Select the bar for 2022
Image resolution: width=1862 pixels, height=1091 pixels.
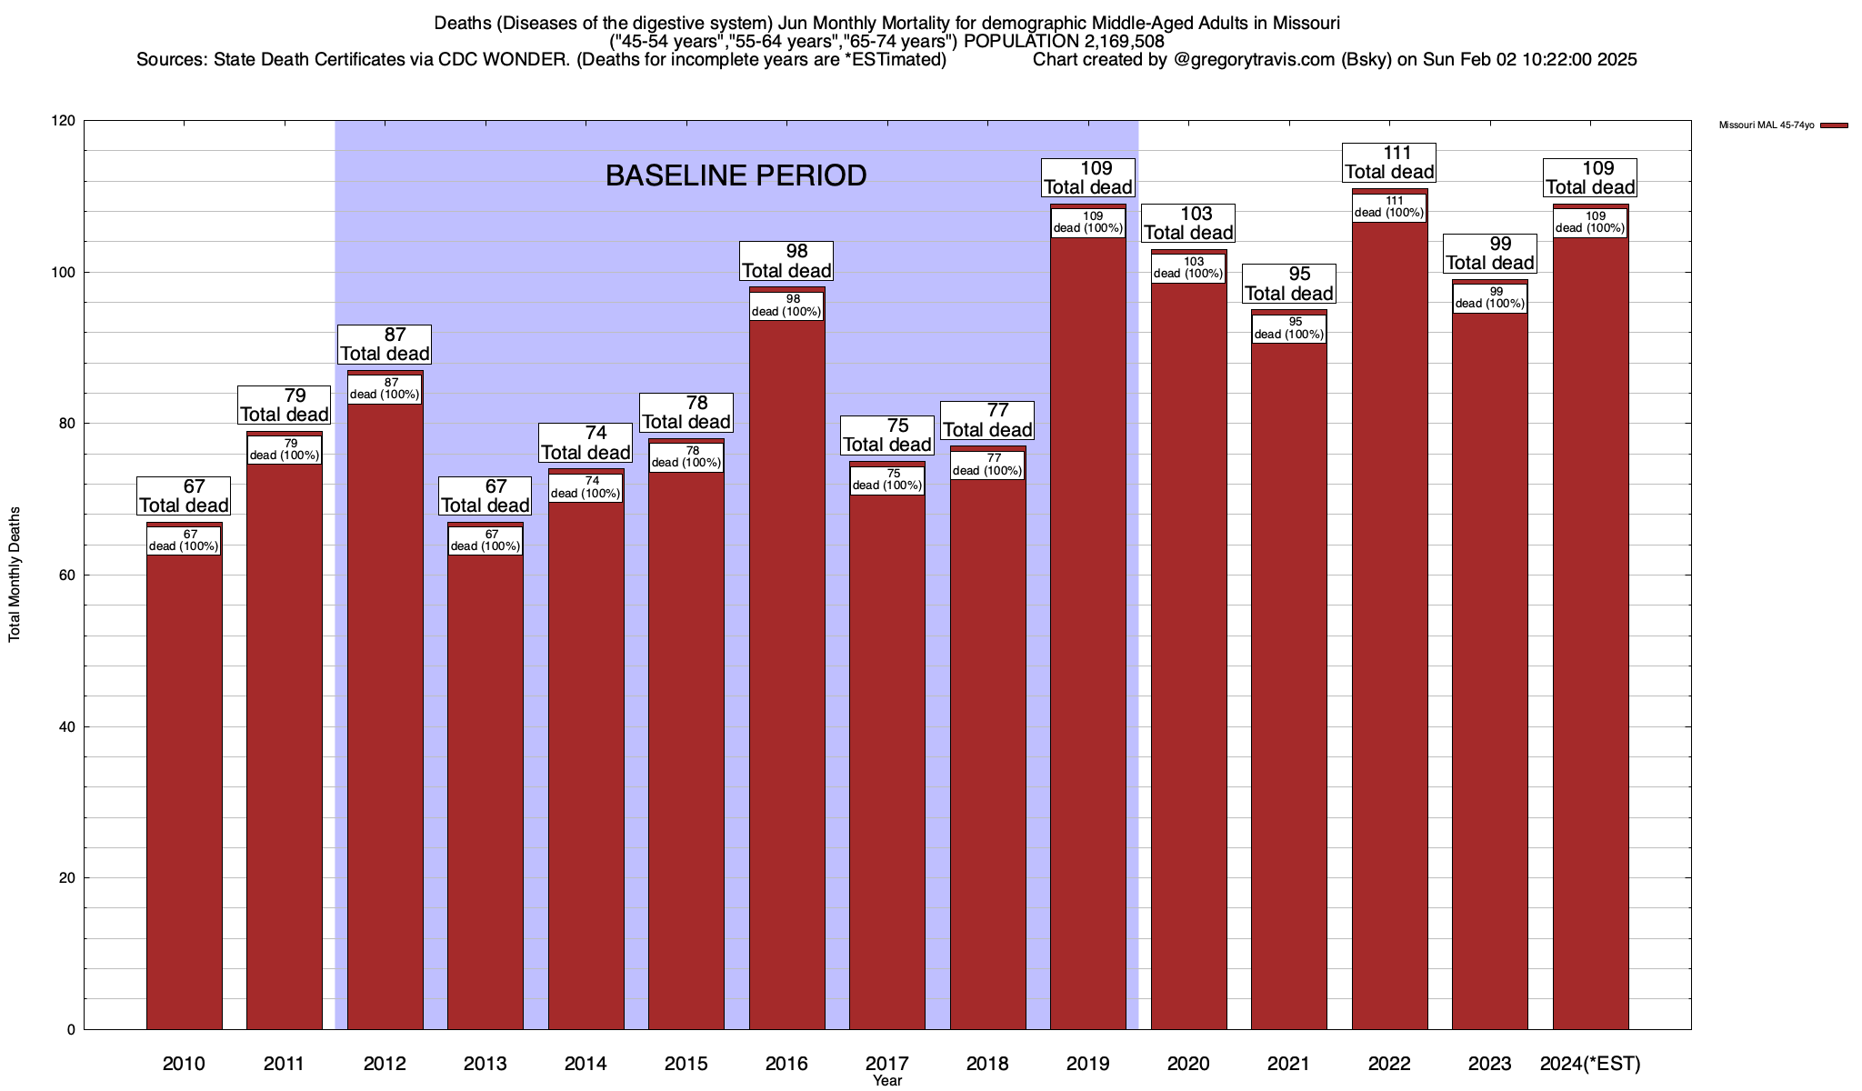click(x=1389, y=627)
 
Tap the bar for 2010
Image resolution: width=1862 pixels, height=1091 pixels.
click(x=184, y=782)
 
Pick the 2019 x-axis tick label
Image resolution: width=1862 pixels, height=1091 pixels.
click(x=1087, y=1064)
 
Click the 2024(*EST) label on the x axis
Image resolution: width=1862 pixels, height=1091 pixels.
click(x=1590, y=1064)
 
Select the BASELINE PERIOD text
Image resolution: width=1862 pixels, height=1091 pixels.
click(x=736, y=175)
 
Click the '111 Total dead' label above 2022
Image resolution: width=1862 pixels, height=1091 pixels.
click(x=1389, y=163)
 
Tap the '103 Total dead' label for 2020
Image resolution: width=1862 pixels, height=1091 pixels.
click(x=1188, y=223)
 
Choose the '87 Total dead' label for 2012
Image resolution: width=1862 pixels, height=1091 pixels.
click(x=385, y=345)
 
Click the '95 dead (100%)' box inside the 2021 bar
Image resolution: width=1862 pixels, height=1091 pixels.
click(x=1289, y=328)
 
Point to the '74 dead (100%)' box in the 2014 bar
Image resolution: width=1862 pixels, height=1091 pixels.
click(x=586, y=487)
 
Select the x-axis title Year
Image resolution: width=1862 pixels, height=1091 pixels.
click(x=887, y=1081)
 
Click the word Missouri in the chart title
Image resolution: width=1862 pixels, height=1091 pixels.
click(x=1306, y=23)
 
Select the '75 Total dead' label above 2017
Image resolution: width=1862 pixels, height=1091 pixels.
click(x=886, y=435)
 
